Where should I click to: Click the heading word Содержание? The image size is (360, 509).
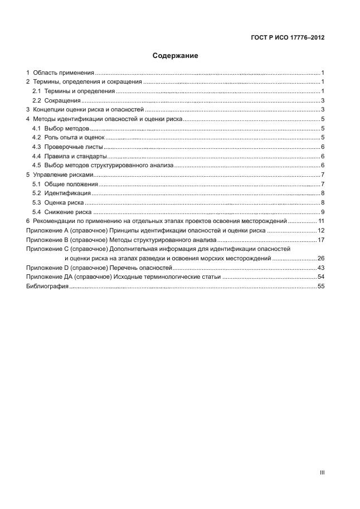pos(176,56)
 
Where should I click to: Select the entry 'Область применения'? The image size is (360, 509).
pos(63,73)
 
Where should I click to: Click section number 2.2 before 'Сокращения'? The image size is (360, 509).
pos(36,100)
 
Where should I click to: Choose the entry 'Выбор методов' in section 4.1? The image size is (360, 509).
pos(65,128)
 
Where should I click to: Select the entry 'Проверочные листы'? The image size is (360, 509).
pos(74,147)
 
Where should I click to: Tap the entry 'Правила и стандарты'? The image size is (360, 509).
pos(75,156)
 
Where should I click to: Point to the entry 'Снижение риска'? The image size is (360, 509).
pos(68,211)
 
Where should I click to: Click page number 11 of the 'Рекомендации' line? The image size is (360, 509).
pos(321,221)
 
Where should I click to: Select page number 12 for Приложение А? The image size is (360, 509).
pos(321,230)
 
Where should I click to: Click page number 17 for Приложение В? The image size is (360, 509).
pos(321,240)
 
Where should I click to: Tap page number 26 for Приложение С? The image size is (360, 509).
pos(321,259)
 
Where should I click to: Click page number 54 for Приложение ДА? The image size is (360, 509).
pos(321,277)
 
